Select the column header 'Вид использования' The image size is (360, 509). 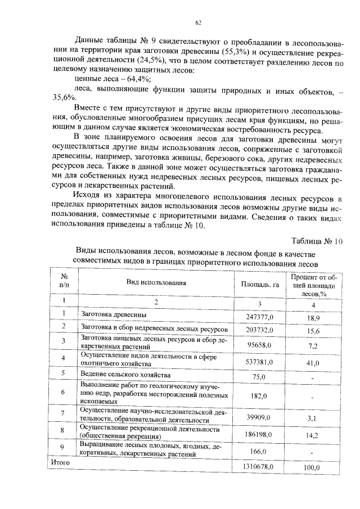pos(156,284)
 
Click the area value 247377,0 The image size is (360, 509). pos(260,317)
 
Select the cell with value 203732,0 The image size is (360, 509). pos(260,330)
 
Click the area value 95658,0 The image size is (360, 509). pos(260,345)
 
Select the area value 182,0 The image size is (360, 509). pos(259,396)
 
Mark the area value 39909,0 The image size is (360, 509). pos(259,417)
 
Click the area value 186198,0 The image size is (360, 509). pos(259,435)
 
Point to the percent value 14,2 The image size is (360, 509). pos(310,436)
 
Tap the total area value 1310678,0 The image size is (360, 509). pos(258,467)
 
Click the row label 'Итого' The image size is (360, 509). pos(60,462)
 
